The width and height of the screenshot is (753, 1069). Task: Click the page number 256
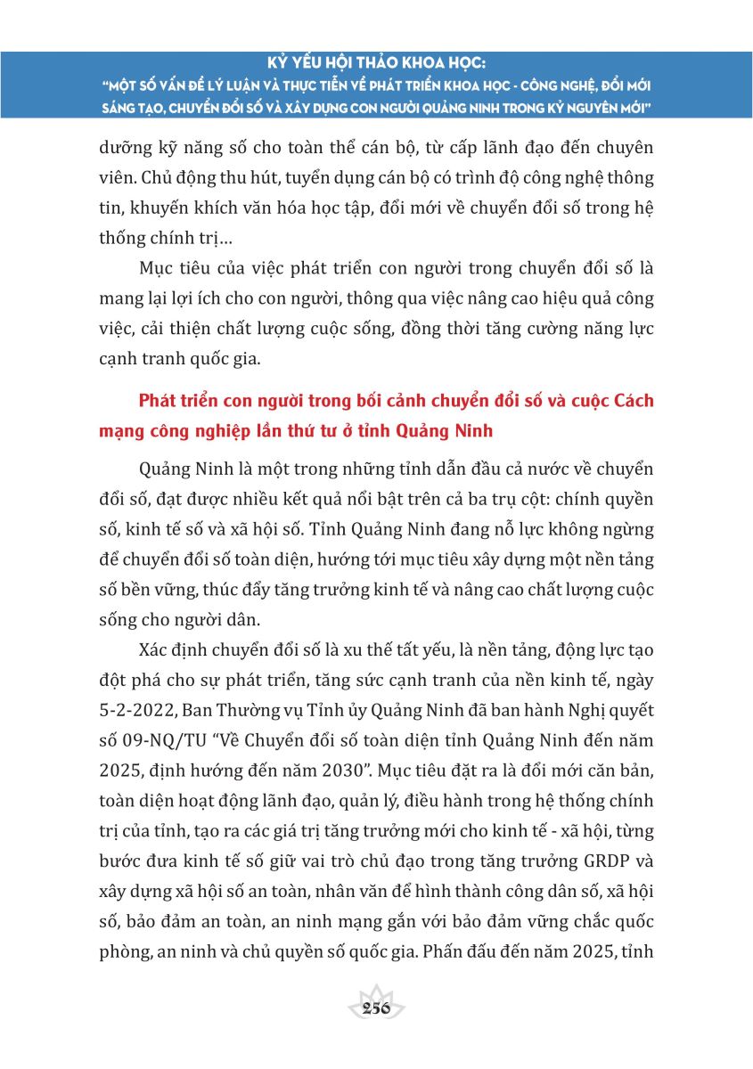[x=376, y=1008]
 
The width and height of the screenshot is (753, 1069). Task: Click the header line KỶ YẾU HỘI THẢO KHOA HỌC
[x=376, y=65]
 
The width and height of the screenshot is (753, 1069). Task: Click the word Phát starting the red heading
[x=157, y=401]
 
